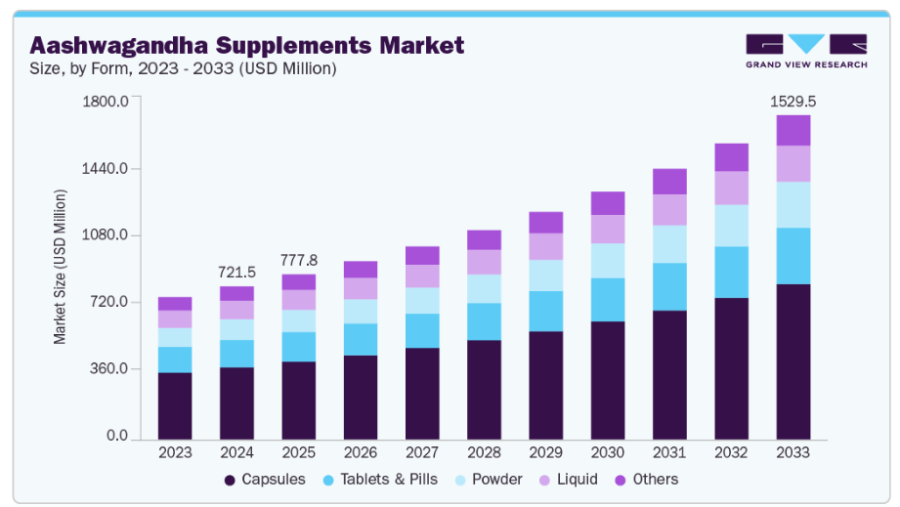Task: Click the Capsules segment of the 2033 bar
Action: pos(793,361)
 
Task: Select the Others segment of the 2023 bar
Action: pos(175,304)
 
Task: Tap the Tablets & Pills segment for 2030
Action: pos(608,300)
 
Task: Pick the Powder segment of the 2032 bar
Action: pos(731,226)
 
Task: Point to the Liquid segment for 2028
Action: pos(484,262)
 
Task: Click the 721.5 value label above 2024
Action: pos(236,272)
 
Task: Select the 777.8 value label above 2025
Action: pos(298,260)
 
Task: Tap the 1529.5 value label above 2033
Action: pos(793,101)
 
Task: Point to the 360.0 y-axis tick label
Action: pos(108,369)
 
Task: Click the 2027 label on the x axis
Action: pos(422,453)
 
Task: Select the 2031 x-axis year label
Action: pos(669,453)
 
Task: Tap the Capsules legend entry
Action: pos(264,480)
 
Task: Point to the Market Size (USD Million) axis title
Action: pos(60,267)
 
